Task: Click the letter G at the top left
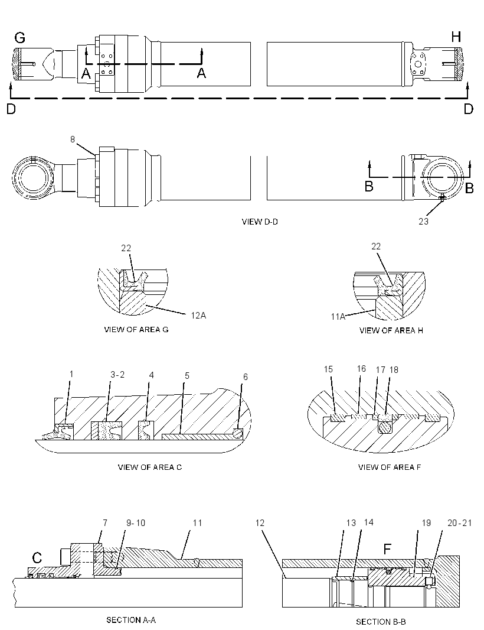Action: [x=19, y=38]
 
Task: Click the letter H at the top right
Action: [x=456, y=37]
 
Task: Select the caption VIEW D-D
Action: [x=260, y=222]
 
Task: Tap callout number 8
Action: [x=73, y=139]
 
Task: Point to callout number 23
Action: [x=423, y=222]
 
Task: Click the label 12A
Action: [x=198, y=316]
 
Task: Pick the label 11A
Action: [x=338, y=317]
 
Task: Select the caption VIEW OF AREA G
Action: [x=136, y=329]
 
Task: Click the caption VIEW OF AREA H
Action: [x=391, y=330]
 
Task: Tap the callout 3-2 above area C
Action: [x=117, y=375]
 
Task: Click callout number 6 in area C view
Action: [x=246, y=377]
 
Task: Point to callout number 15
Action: [x=328, y=369]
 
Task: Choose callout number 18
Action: [x=394, y=369]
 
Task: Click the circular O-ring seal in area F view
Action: [x=385, y=428]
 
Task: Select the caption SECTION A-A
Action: [x=131, y=620]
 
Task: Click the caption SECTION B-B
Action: [x=381, y=622]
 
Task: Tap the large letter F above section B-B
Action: [x=387, y=549]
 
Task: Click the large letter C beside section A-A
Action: [x=37, y=558]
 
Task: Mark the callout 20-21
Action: [x=460, y=522]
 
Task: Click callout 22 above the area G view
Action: [x=126, y=248]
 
